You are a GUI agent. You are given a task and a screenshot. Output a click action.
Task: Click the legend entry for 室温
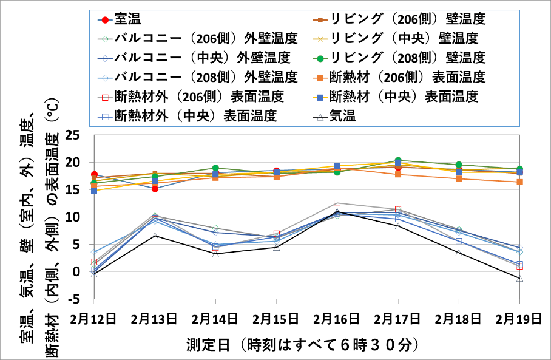click(128, 19)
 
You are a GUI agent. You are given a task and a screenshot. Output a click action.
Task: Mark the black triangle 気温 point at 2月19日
click(519, 278)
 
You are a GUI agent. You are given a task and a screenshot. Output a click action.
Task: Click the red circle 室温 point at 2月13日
click(155, 189)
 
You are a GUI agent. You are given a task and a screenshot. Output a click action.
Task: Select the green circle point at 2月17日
click(398, 161)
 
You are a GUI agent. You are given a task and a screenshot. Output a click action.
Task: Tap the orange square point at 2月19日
click(519, 182)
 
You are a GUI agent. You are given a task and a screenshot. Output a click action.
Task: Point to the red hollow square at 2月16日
click(337, 203)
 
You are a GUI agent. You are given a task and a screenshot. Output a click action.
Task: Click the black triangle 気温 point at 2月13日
click(155, 236)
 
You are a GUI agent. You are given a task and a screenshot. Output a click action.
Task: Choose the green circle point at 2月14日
click(216, 168)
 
